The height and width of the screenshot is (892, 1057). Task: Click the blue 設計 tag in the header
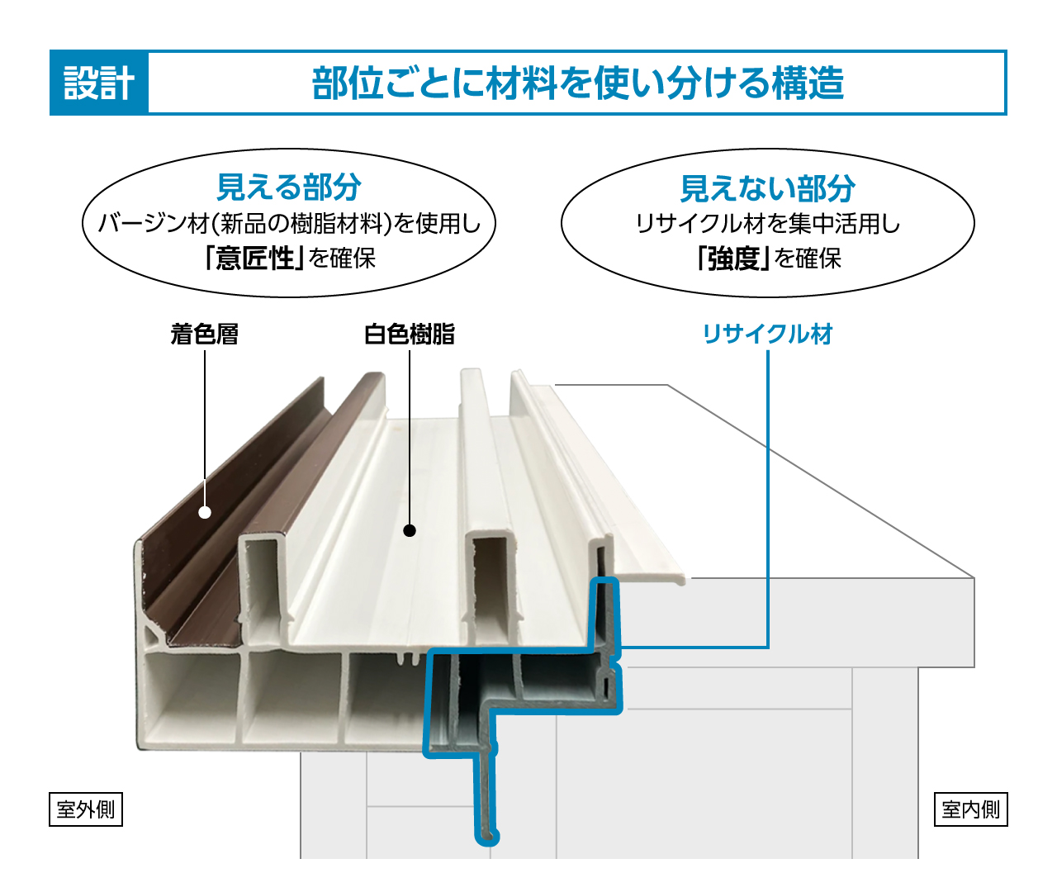point(99,83)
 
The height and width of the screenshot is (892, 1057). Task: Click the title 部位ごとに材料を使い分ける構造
point(577,83)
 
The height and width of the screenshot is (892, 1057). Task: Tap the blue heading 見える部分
point(288,187)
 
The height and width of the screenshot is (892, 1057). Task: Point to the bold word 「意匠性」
point(254,259)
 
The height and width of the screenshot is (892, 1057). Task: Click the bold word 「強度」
point(732,259)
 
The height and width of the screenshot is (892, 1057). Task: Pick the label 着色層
point(205,334)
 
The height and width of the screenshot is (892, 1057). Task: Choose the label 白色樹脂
point(410,334)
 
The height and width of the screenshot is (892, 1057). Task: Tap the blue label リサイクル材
point(767,334)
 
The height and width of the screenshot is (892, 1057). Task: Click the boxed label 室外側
point(86,809)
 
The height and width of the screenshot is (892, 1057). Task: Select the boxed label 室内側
point(971,809)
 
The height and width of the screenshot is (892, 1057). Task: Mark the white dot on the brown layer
point(205,512)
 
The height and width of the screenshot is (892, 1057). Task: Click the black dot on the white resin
point(410,530)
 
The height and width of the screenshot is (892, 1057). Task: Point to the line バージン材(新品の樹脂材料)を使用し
point(288,223)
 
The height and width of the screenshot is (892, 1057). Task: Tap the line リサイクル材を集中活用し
point(767,223)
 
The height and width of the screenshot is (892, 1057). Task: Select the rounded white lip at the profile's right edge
point(679,579)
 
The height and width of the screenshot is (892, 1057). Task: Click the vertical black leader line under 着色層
point(205,421)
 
